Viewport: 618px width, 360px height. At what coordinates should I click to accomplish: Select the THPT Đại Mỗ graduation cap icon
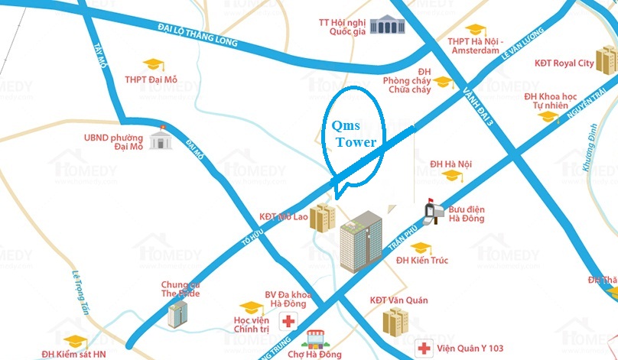(x=154, y=64)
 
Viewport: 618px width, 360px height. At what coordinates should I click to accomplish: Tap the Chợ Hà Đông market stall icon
(x=313, y=338)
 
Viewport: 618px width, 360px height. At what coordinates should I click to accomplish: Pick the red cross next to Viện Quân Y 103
(x=424, y=348)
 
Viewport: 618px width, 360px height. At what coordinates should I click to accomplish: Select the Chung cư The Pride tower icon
(x=178, y=313)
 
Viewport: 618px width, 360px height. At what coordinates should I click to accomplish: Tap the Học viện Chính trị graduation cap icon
(x=247, y=307)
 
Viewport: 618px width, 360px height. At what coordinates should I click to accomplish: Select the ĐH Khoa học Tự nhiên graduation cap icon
(x=548, y=117)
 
